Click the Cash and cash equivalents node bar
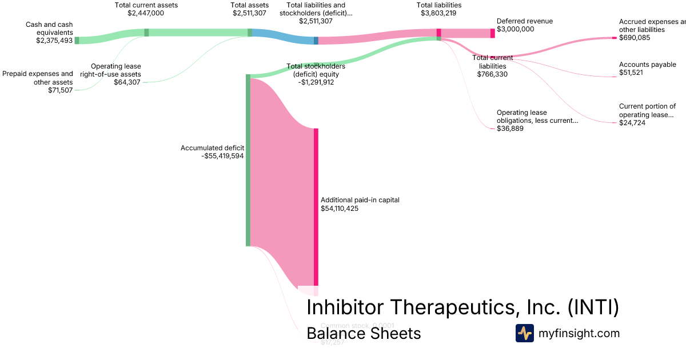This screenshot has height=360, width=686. click(x=77, y=40)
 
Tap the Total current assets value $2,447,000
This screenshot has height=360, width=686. click(x=146, y=13)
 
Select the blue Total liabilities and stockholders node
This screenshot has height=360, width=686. click(x=316, y=41)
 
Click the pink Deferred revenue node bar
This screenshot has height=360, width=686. click(x=493, y=33)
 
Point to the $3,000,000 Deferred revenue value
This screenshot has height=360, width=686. click(x=516, y=29)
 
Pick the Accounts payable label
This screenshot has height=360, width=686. click(x=647, y=65)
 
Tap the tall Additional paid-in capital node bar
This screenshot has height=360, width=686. click(x=316, y=206)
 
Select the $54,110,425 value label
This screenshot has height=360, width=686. click(x=340, y=209)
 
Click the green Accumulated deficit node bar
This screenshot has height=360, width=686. click(x=248, y=160)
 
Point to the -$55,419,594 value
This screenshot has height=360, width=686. click(x=223, y=156)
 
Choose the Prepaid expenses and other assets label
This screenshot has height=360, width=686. click(x=38, y=78)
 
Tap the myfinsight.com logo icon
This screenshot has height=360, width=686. click(x=524, y=333)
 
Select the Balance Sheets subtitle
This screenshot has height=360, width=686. click(x=364, y=333)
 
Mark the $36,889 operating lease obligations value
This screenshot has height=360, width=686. click(x=510, y=129)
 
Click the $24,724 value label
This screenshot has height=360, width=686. click(x=632, y=123)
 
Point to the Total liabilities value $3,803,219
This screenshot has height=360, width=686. click(x=439, y=13)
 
